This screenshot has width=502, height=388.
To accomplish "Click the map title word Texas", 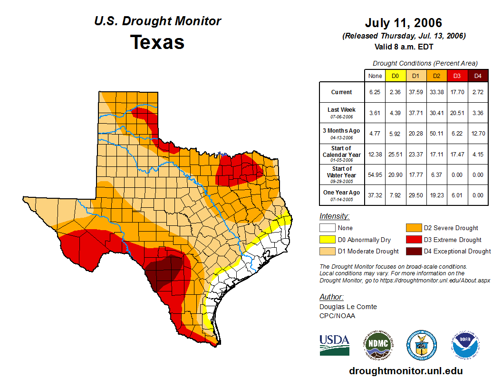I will click(x=157, y=42).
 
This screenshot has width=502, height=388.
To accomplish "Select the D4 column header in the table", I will click(x=478, y=76).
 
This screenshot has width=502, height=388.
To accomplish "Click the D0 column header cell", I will click(x=395, y=76).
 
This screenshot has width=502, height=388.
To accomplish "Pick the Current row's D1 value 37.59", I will click(x=415, y=92).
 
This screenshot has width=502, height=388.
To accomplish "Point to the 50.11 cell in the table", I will click(x=435, y=133).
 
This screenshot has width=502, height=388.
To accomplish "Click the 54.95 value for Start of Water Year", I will click(x=375, y=175).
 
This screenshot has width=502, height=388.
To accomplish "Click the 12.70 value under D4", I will click(x=478, y=133).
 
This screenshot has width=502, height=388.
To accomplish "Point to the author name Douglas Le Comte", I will click(x=348, y=307).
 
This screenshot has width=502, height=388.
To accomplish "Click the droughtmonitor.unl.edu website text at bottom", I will click(x=405, y=371).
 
